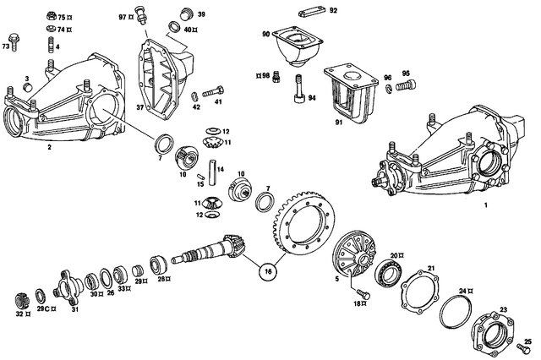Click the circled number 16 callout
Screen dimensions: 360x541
[268, 273]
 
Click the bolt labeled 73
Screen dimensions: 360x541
[14, 41]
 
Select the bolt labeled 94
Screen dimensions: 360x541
[298, 88]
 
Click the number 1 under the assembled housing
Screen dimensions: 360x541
[484, 205]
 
